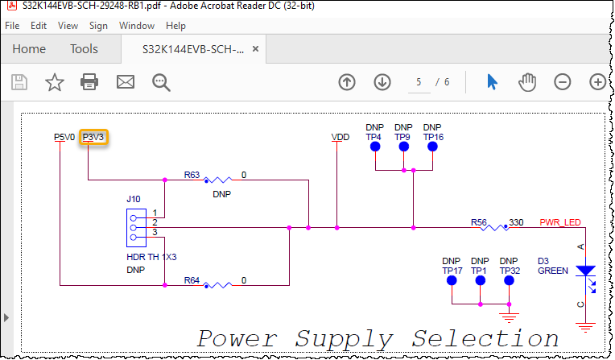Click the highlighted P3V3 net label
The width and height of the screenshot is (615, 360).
point(95,138)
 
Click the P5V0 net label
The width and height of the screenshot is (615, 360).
point(64,138)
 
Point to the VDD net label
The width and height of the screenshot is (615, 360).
point(341,138)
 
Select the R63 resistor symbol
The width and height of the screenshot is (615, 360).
point(217,180)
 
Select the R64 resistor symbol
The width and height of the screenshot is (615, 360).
point(217,285)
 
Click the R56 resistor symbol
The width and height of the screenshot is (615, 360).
point(493,228)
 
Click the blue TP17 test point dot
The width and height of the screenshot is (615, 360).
point(451,282)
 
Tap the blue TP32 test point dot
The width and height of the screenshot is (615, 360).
point(509,282)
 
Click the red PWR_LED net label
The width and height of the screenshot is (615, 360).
point(559,222)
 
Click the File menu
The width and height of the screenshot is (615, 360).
point(12,26)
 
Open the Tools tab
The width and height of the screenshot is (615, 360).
point(84,49)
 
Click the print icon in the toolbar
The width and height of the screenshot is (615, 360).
point(89,81)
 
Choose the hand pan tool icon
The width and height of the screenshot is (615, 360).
point(527,81)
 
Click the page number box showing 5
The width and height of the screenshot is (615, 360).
point(419,82)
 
